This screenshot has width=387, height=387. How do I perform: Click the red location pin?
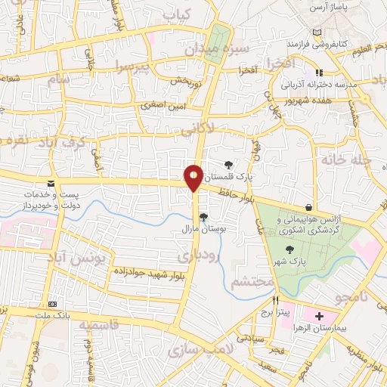tap(194, 177)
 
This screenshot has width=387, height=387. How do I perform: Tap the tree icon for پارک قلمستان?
tap(229, 165)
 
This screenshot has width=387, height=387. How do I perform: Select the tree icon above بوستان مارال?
tap(203, 217)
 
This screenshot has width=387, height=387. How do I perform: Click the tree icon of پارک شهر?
tap(289, 250)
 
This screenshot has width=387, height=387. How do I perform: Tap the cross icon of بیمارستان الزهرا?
tap(317, 315)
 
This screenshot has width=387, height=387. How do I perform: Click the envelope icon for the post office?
tap(51, 184)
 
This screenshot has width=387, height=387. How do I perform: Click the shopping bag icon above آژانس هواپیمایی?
tap(308, 207)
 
